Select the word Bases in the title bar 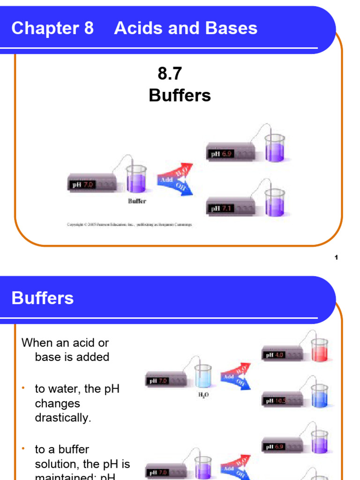[x=233, y=28]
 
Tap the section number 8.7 [x=170, y=74]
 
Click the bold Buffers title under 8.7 [x=180, y=96]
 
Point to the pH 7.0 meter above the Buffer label [x=92, y=185]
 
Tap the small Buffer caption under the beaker [x=137, y=201]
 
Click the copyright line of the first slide [x=129, y=225]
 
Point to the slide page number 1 [x=337, y=257]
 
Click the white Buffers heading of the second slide [x=43, y=298]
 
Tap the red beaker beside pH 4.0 [x=319, y=351]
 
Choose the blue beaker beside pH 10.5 [x=319, y=396]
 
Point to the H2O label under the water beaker [x=203, y=395]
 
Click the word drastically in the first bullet [x=63, y=418]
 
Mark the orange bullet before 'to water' [x=23, y=389]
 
